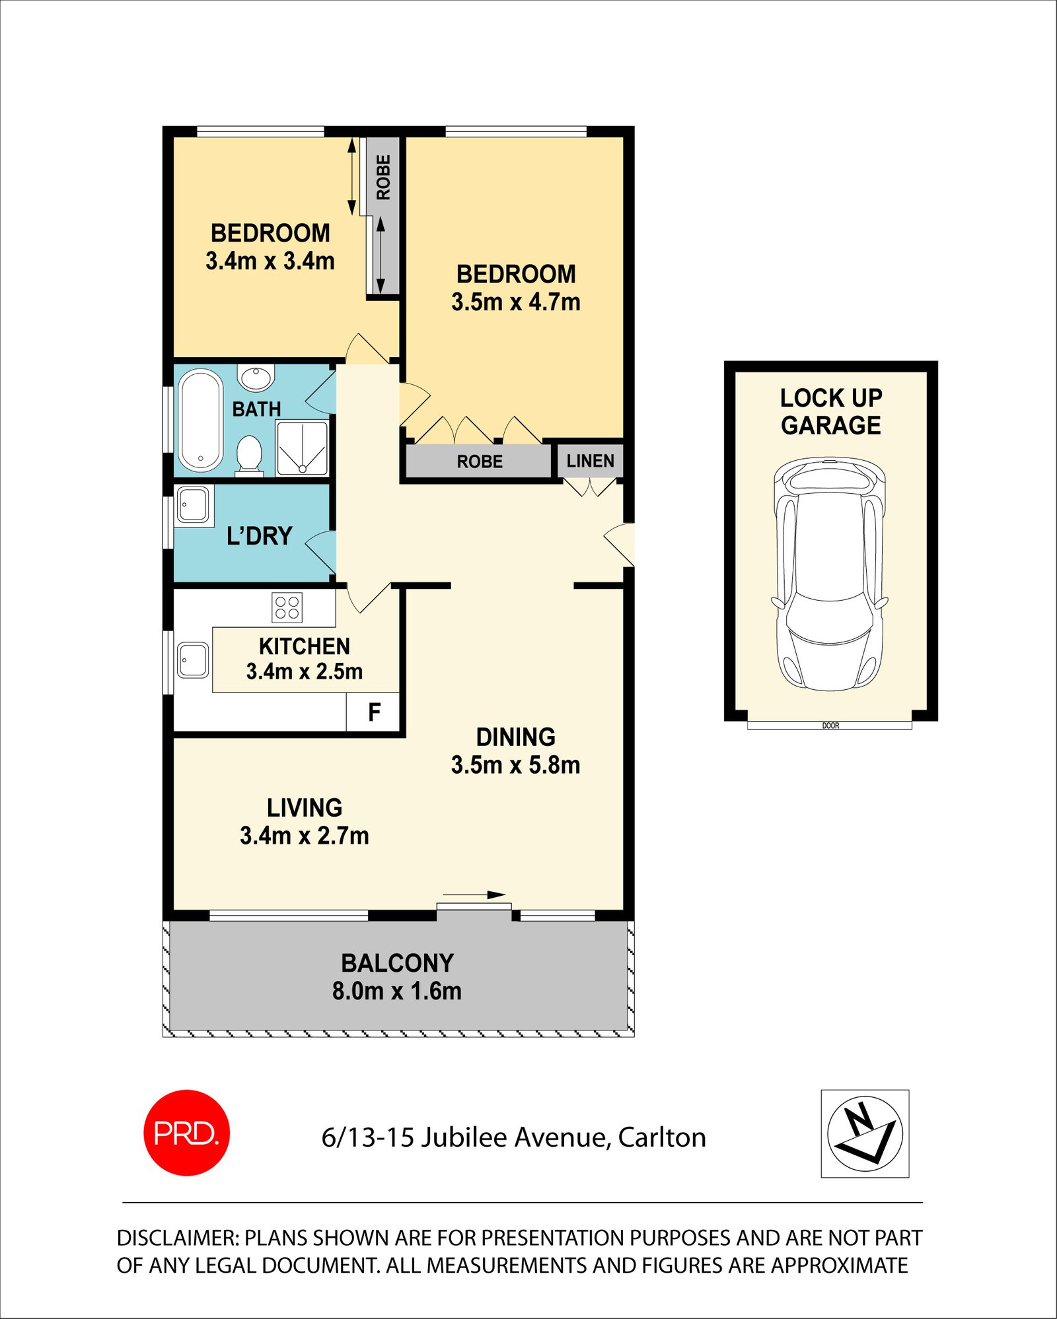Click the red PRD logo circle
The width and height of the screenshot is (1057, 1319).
point(186,1133)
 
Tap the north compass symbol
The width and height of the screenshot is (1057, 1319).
point(865,1133)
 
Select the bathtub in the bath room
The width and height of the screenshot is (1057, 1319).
point(201,421)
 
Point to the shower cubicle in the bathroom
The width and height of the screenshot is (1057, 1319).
point(303,448)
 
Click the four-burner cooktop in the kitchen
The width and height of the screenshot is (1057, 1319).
point(287,607)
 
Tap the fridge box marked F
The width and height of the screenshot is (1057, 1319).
point(373,712)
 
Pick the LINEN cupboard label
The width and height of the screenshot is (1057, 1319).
point(590,461)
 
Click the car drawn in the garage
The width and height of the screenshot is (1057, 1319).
point(830,573)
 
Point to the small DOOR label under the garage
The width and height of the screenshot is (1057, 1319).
point(830,726)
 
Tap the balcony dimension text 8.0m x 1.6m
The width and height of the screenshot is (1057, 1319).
point(396,991)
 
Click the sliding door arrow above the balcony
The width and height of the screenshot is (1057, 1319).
point(474,895)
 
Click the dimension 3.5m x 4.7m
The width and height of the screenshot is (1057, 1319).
point(515,302)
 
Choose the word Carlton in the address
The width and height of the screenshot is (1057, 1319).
point(662,1137)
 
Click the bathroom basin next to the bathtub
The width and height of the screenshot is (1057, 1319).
point(256,378)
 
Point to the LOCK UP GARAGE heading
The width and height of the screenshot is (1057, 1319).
point(830,411)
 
